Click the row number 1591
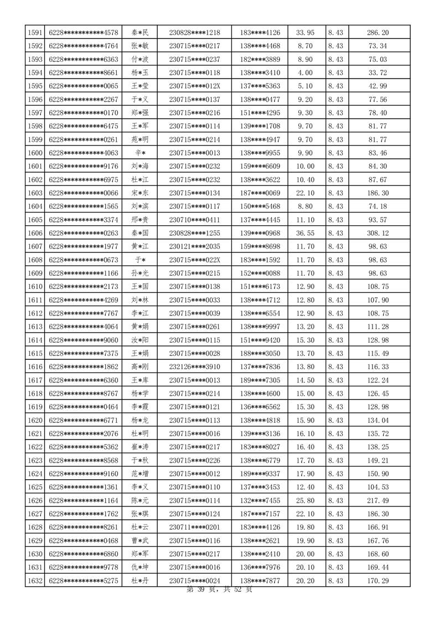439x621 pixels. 35,33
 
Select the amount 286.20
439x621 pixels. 378,33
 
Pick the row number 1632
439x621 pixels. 35,581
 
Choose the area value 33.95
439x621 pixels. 306,33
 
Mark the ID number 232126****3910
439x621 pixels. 194,368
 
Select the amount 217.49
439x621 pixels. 378,501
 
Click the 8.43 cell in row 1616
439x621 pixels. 335,368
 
